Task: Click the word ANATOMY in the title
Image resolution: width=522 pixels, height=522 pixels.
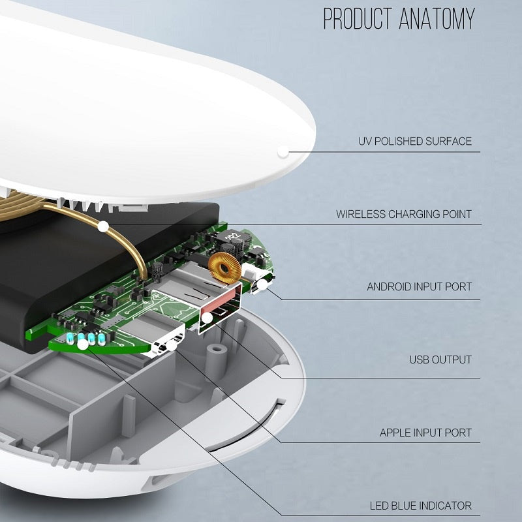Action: point(435,19)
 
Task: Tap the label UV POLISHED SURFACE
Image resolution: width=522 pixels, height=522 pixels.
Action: point(415,141)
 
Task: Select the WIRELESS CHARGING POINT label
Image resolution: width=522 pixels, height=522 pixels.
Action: point(404,214)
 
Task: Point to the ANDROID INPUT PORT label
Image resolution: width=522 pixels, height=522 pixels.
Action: point(419,286)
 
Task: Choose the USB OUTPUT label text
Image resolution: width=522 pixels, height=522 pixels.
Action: point(440,360)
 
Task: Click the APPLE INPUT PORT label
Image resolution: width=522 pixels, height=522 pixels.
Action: point(425,433)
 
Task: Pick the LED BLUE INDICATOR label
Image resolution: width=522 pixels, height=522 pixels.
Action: point(420,505)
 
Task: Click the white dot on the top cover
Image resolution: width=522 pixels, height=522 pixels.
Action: point(283,151)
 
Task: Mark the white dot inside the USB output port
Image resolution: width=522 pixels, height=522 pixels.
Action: point(207,318)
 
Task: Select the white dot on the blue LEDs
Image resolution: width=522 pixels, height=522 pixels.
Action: point(82,343)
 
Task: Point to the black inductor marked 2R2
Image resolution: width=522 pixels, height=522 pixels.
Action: point(232,238)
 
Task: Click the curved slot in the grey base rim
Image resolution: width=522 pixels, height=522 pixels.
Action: point(248,427)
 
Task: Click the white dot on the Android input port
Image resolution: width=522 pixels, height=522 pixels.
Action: point(263,284)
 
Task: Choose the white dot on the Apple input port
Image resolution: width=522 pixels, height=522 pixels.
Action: point(172,345)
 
